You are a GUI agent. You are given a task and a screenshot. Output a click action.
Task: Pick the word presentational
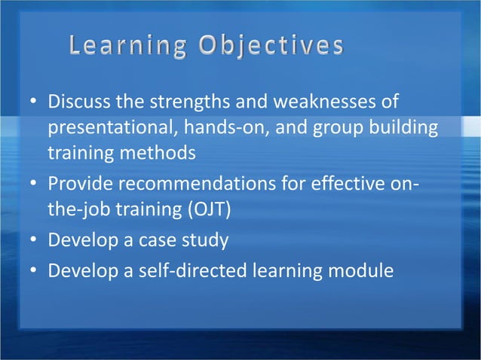click(x=109, y=127)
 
